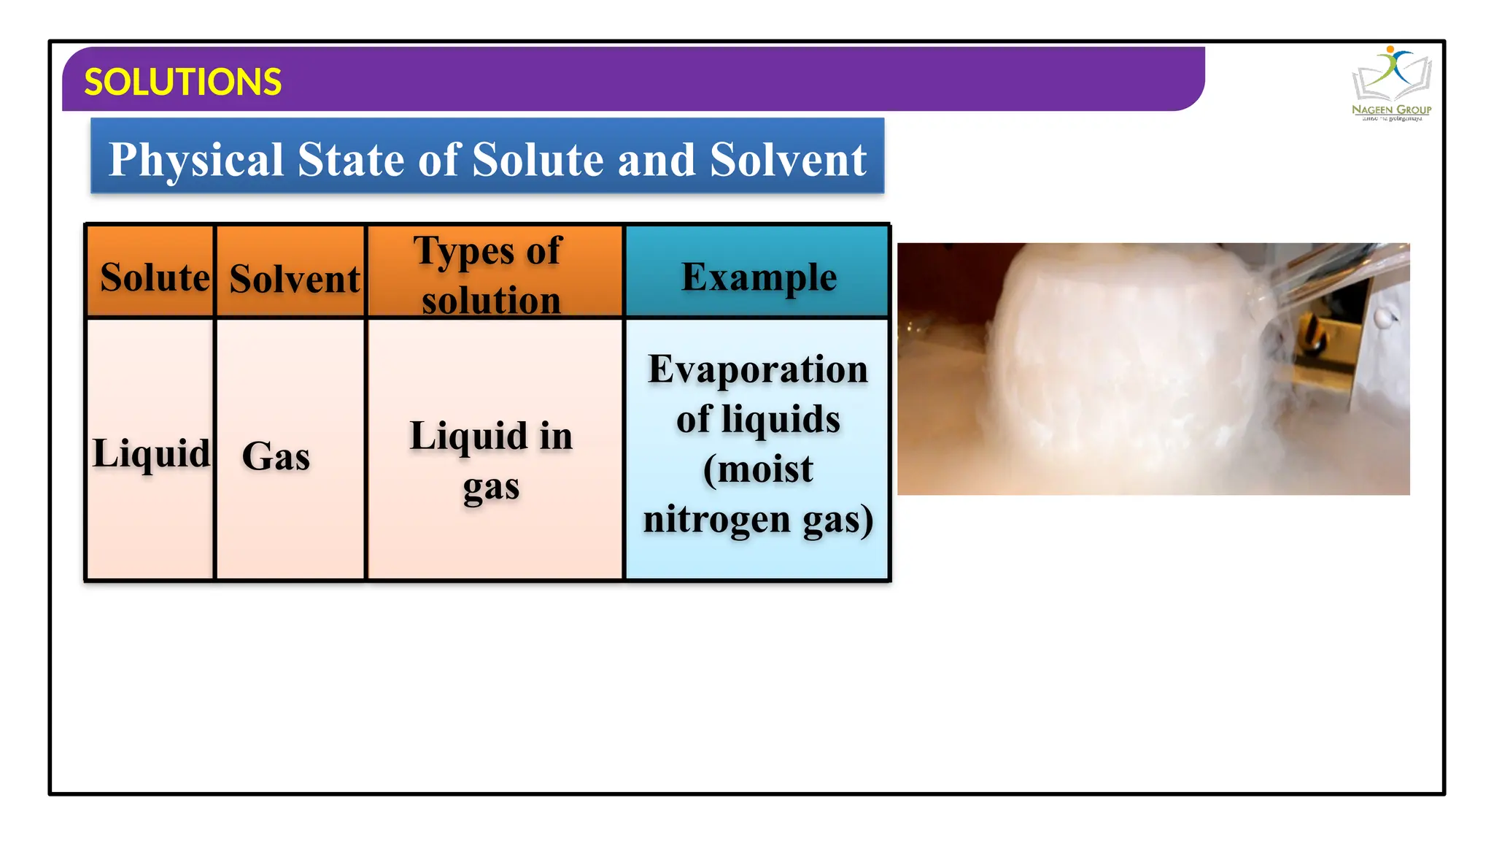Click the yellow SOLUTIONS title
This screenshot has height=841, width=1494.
(x=182, y=82)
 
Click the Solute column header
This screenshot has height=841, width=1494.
(x=154, y=277)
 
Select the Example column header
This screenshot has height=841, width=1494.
(x=759, y=277)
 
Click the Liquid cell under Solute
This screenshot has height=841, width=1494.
(x=151, y=453)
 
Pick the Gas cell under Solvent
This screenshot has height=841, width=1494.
(x=276, y=456)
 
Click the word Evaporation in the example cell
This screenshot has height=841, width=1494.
(x=758, y=369)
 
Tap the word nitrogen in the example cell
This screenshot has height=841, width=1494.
(x=716, y=519)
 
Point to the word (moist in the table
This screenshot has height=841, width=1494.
(x=758, y=469)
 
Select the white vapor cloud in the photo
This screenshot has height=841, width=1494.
(x=1109, y=365)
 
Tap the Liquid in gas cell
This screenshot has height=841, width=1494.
(x=491, y=460)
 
